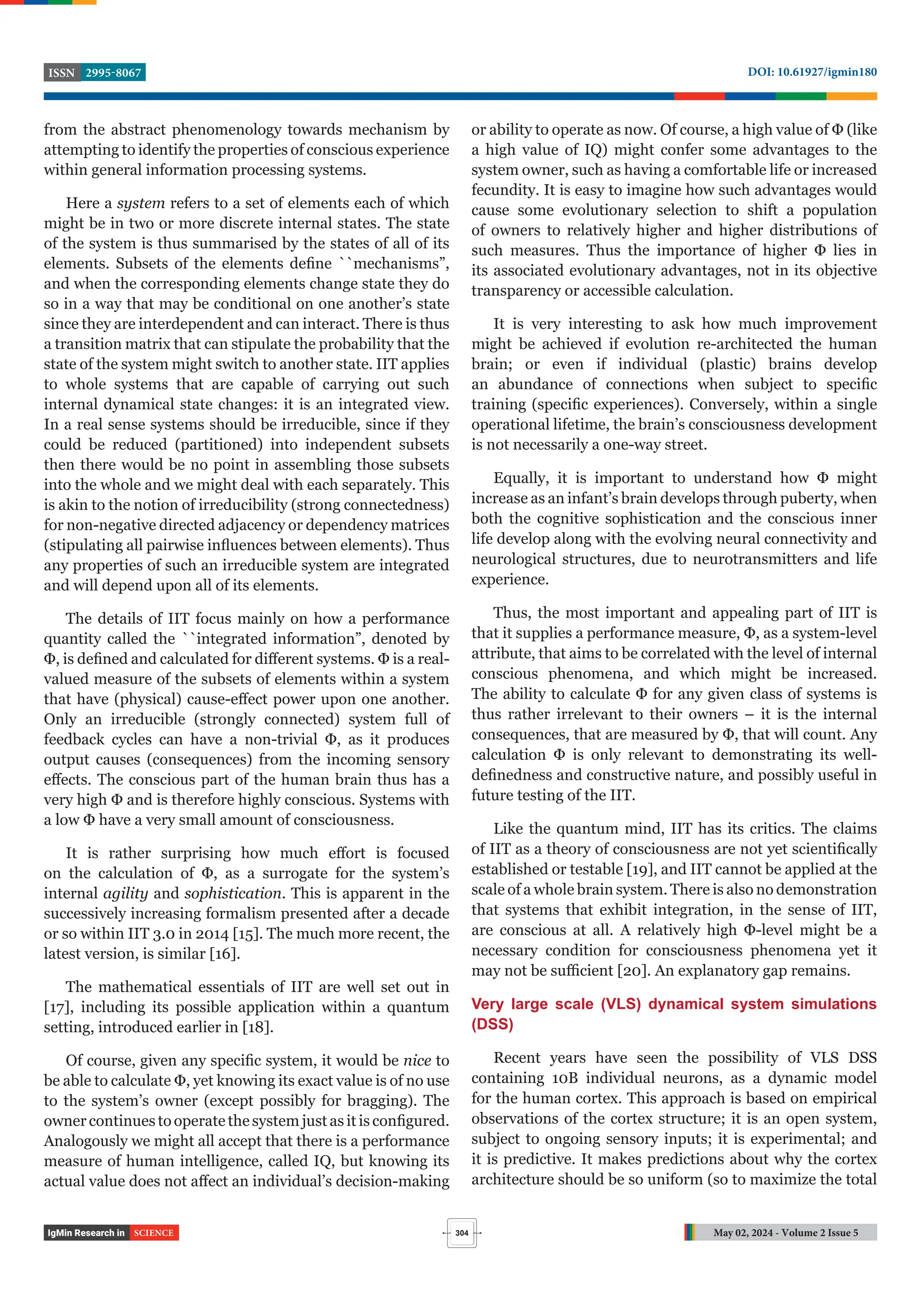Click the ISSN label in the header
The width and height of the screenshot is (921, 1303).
[x=61, y=73]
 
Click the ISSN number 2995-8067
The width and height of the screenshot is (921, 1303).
[x=113, y=73]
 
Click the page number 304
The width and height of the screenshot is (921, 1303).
[x=461, y=1233]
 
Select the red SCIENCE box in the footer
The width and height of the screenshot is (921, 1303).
[x=154, y=1233]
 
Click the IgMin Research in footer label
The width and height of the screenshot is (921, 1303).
[x=86, y=1233]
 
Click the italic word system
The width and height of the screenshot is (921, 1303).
[x=141, y=203]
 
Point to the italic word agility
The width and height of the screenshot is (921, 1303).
[x=125, y=893]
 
